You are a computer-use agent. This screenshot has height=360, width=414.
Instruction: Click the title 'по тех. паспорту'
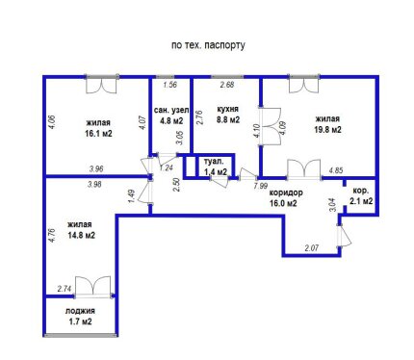pyautogui.click(x=208, y=45)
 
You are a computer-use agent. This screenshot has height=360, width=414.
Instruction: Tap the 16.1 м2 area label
pyautogui.click(x=98, y=134)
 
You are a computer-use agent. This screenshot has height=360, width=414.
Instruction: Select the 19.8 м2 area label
pyautogui.click(x=327, y=130)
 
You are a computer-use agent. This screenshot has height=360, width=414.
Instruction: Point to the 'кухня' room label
pyautogui.click(x=228, y=109)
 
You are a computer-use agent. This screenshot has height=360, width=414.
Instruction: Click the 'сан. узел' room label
pyautogui.click(x=171, y=111)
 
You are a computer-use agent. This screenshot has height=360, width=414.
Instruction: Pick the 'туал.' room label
pyautogui.click(x=214, y=162)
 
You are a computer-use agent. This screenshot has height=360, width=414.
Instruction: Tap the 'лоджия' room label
pyautogui.click(x=80, y=311)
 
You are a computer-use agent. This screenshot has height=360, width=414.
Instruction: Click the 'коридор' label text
pyautogui.click(x=286, y=193)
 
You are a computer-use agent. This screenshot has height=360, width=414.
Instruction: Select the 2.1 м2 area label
pyautogui.click(x=361, y=201)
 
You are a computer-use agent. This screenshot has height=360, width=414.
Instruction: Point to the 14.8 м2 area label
pyautogui.click(x=82, y=235)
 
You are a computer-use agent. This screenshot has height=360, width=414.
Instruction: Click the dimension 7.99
pyautogui.click(x=260, y=186)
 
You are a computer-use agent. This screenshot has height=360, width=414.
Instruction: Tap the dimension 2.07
pyautogui.click(x=312, y=247)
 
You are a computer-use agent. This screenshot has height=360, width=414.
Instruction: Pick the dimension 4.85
pyautogui.click(x=336, y=170)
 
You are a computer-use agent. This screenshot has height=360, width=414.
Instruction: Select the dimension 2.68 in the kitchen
pyautogui.click(x=227, y=85)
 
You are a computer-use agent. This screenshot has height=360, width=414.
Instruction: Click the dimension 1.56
pyautogui.click(x=169, y=85)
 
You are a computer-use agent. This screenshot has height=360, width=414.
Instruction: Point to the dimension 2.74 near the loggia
pyautogui.click(x=65, y=289)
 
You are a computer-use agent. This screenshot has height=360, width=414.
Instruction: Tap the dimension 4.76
pyautogui.click(x=53, y=235)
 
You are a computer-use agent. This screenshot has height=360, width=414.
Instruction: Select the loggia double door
pyautogui.click(x=93, y=287)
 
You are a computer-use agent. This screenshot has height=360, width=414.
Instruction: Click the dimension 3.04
pyautogui.click(x=333, y=204)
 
